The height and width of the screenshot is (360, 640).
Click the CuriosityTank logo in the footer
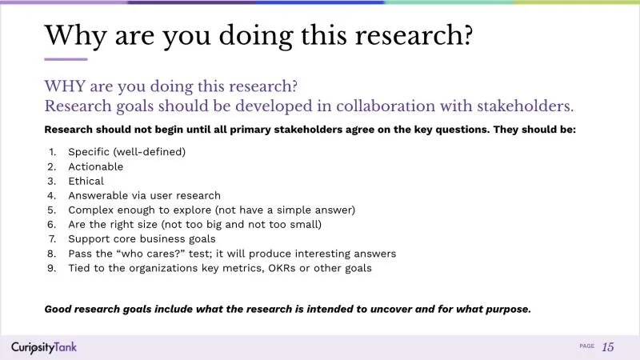44,346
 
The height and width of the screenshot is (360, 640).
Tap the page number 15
608,346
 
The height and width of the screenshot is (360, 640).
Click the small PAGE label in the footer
586,346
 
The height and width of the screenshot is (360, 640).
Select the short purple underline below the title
66,59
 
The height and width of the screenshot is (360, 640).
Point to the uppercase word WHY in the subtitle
65,86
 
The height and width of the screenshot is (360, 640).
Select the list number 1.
51,152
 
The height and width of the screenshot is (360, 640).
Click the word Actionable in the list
95,166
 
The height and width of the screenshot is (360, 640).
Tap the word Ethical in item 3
86,181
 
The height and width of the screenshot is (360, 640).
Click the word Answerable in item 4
98,195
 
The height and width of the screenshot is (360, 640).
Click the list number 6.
51,225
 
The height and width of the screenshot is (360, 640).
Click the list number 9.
51,268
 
